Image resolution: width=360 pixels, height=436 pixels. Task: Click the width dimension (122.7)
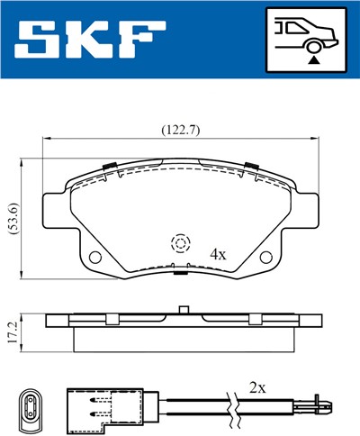[x=180, y=129]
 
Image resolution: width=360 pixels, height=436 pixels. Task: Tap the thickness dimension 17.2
[x=11, y=332]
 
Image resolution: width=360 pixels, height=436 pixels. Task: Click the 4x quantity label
[x=217, y=254]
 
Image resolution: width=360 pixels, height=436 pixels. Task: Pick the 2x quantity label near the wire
[x=257, y=388]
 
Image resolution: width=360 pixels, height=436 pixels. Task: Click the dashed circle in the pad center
[x=180, y=243]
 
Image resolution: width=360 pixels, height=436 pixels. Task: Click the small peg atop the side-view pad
[x=182, y=311]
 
